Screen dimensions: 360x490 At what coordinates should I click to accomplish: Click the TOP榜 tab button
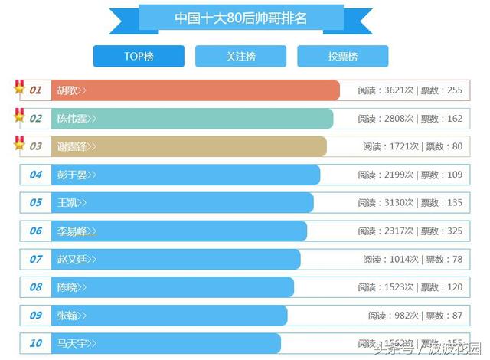pyautogui.click(x=139, y=57)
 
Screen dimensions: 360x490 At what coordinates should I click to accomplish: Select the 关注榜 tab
pyautogui.click(x=240, y=57)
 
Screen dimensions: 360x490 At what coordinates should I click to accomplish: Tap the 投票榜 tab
pyautogui.click(x=342, y=57)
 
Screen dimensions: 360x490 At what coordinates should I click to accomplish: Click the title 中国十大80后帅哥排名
pyautogui.click(x=240, y=18)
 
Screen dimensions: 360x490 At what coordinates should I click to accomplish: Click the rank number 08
pyautogui.click(x=36, y=287)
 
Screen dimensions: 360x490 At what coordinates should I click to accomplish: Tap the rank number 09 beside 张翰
pyautogui.click(x=36, y=315)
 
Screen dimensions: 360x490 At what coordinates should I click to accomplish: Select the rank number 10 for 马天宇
pyautogui.click(x=36, y=343)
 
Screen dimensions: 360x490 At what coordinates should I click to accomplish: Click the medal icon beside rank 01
pyautogui.click(x=19, y=87)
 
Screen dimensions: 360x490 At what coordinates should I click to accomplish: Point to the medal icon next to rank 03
pyautogui.click(x=19, y=143)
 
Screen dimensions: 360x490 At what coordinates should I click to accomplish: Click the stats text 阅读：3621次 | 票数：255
pyautogui.click(x=410, y=90)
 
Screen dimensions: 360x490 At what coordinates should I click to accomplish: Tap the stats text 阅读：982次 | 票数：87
pyautogui.click(x=415, y=315)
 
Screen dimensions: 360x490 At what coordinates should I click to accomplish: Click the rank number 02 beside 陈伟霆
pyautogui.click(x=36, y=119)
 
